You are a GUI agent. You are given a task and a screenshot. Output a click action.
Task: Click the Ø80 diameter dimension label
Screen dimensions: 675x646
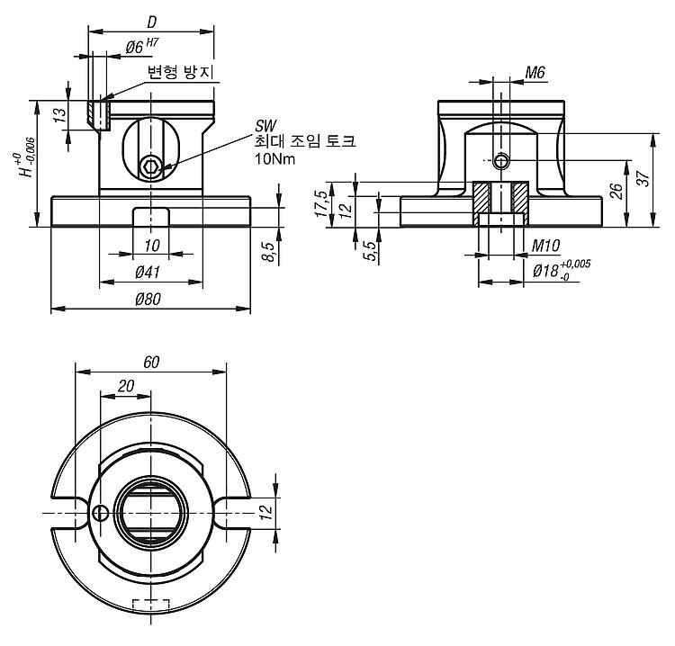coord(148,299)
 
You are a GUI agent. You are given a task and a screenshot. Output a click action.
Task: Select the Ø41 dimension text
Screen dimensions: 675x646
coord(148,272)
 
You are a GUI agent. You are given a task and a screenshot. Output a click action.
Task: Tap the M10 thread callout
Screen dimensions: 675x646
coord(545,246)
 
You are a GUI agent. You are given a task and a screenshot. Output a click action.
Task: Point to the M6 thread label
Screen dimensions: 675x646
coord(535,73)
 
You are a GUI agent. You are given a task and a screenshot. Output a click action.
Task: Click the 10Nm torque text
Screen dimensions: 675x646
coord(275,159)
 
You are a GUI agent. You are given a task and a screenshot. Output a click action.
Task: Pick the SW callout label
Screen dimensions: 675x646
coord(265,126)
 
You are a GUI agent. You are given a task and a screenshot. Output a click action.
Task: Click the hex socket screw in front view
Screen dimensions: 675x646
coord(150,167)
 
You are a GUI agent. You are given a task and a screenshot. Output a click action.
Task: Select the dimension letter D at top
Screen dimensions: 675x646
coord(151,22)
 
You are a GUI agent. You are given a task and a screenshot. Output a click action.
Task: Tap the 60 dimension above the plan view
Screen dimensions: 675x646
coord(151,363)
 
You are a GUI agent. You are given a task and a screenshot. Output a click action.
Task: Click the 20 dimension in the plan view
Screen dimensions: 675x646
coord(126,386)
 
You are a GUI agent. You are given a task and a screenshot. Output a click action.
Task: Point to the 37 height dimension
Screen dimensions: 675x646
coord(643,178)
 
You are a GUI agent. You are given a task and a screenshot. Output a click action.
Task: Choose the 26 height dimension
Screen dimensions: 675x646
coord(616,191)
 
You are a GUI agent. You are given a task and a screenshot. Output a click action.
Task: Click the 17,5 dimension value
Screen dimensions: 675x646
coord(320,203)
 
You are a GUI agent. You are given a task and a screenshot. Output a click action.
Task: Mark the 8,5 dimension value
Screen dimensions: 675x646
coord(268,252)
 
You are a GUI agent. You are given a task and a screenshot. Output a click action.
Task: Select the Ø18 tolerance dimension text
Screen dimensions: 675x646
coord(562,270)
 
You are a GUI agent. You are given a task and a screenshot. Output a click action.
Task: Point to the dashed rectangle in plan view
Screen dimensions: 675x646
coord(150,605)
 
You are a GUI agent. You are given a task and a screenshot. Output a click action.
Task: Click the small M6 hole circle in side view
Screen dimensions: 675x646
coord(500,161)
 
